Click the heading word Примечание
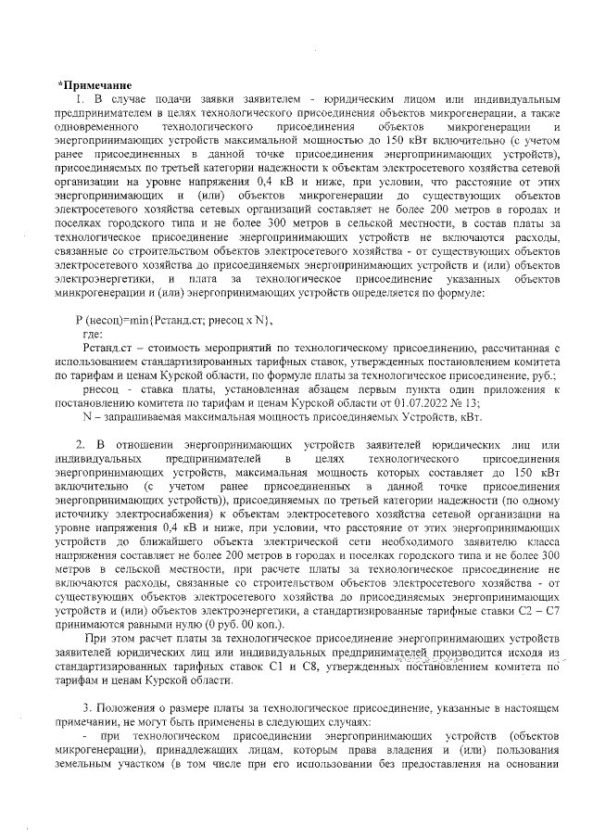pyautogui.click(x=95, y=86)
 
